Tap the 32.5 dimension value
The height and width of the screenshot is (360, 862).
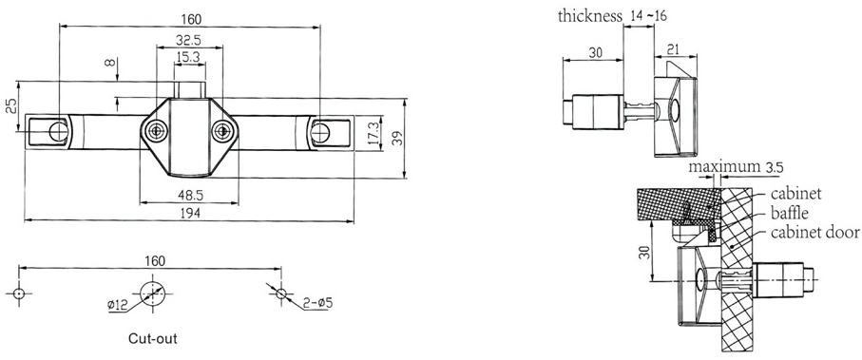coord(188,40)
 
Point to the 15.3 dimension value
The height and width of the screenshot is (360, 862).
coord(188,59)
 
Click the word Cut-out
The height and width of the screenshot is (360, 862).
coord(152,337)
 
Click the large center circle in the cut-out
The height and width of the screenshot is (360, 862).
coord(152,293)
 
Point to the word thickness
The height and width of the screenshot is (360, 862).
coord(588,15)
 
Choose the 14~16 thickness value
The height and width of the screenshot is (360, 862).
coord(649,15)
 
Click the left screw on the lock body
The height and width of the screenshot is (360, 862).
coord(154,130)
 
